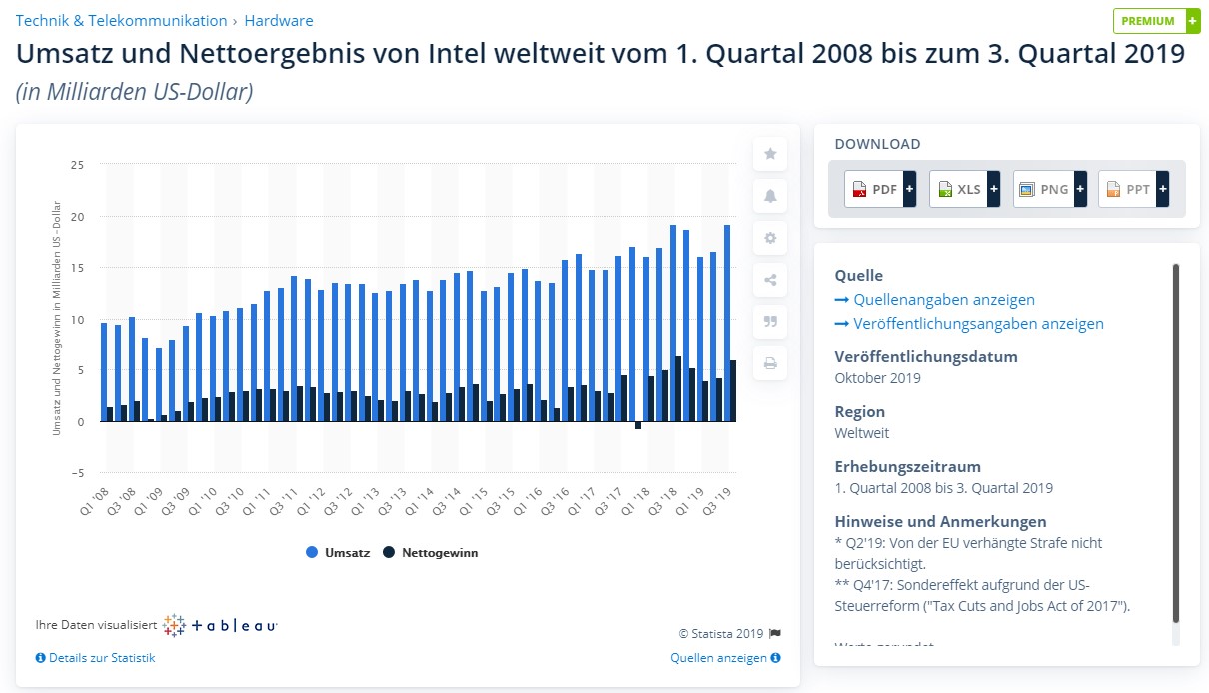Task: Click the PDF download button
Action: [x=879, y=189]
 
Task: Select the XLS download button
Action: [x=964, y=189]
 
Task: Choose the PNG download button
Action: [x=1049, y=189]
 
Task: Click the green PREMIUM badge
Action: [x=1156, y=21]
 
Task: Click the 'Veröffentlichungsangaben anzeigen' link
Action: [x=978, y=324]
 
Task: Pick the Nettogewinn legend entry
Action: [x=430, y=552]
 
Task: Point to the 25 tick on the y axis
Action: [x=78, y=165]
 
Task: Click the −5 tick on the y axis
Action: [x=77, y=473]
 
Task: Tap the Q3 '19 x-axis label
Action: [x=718, y=496]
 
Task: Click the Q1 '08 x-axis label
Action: [x=95, y=496]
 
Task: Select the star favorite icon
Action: [x=770, y=154]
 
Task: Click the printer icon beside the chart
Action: [x=770, y=363]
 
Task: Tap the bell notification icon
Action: [x=770, y=196]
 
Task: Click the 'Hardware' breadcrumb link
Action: [x=279, y=20]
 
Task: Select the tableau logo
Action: [x=220, y=626]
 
